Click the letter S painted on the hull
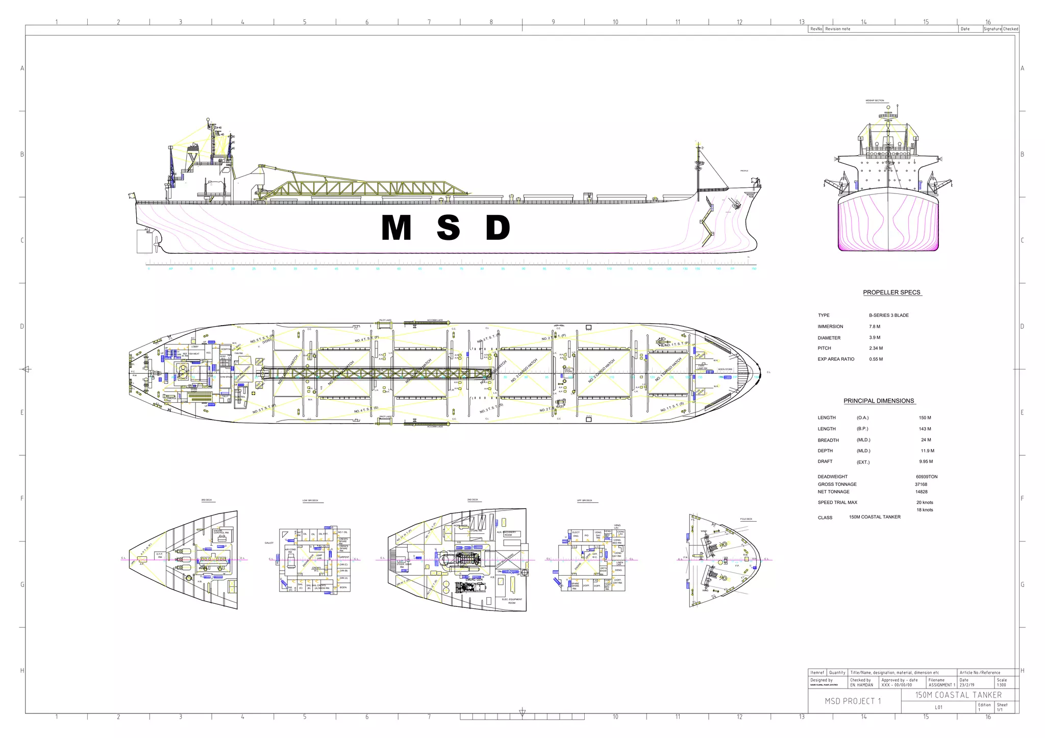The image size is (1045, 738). pos(448,228)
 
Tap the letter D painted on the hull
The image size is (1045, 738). pos(497,228)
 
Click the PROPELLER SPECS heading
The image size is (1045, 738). pos(891,292)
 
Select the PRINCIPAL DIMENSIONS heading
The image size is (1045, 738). pos(879,401)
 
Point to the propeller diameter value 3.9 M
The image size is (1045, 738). pos(875,338)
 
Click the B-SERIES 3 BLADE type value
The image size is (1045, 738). pos(889,315)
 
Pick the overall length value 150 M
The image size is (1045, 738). pos(925,418)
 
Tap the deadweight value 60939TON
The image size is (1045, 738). pos(926,477)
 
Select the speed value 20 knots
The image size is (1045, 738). pos(925,503)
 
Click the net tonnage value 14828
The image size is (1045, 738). pos(921,492)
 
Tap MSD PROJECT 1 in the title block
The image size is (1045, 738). pos(853,701)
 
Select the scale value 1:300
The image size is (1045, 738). pos(1001,685)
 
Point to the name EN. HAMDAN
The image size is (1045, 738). pos(861,685)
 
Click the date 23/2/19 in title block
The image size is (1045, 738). pos(966,685)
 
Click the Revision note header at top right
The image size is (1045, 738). pos(838,29)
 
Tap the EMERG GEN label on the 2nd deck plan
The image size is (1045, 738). pos(474,579)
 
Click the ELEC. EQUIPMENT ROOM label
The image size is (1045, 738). pos(512,601)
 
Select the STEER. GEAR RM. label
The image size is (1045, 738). pos(404,565)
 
